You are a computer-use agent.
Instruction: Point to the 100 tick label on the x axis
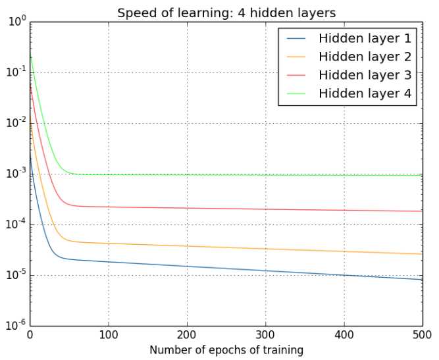pos(108,334)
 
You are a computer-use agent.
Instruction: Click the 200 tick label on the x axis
pos(187,334)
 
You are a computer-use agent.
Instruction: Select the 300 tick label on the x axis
pos(266,334)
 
